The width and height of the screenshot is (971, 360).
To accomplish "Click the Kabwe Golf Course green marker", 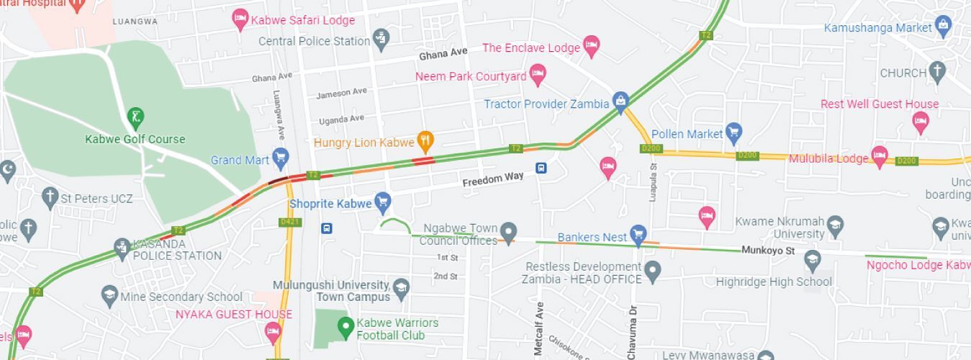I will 135,116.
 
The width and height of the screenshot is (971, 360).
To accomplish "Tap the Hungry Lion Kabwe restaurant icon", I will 425,141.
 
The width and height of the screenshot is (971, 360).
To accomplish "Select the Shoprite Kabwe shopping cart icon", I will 382,202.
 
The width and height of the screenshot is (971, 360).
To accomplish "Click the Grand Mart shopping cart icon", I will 280,158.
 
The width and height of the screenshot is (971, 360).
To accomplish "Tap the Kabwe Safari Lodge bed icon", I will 240,19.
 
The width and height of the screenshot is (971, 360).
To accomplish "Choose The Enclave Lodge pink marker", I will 591,46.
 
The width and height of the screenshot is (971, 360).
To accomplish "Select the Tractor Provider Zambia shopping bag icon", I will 620,102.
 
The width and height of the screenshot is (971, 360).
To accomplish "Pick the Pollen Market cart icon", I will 733,132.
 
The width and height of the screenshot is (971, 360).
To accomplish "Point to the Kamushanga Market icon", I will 943,27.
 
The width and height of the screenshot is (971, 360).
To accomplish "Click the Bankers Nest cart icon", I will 638,234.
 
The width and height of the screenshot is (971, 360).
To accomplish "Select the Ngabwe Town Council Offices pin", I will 509,233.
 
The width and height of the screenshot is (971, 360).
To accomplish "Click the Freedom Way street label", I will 493,178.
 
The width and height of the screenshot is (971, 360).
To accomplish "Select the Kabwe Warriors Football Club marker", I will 346,326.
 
